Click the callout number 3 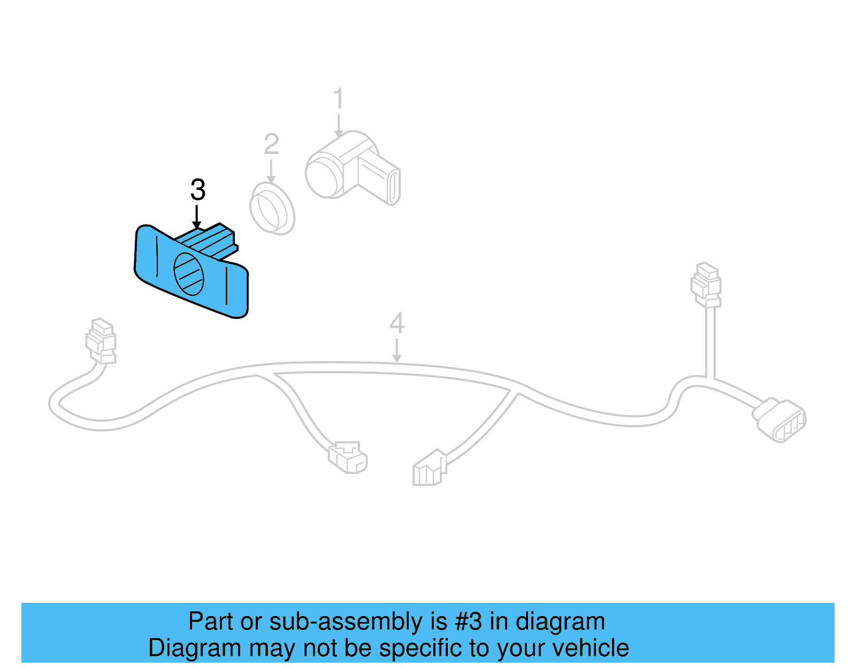pos(198,190)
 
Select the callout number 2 pos(271,144)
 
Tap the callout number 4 pos(397,324)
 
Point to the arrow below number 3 pos(196,218)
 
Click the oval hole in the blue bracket pos(189,274)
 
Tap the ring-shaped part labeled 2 pos(272,209)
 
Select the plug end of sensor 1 pos(393,187)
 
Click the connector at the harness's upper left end pos(101,340)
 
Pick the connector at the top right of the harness pos(706,284)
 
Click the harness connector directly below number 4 pos(429,467)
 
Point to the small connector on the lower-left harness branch pos(348,457)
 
